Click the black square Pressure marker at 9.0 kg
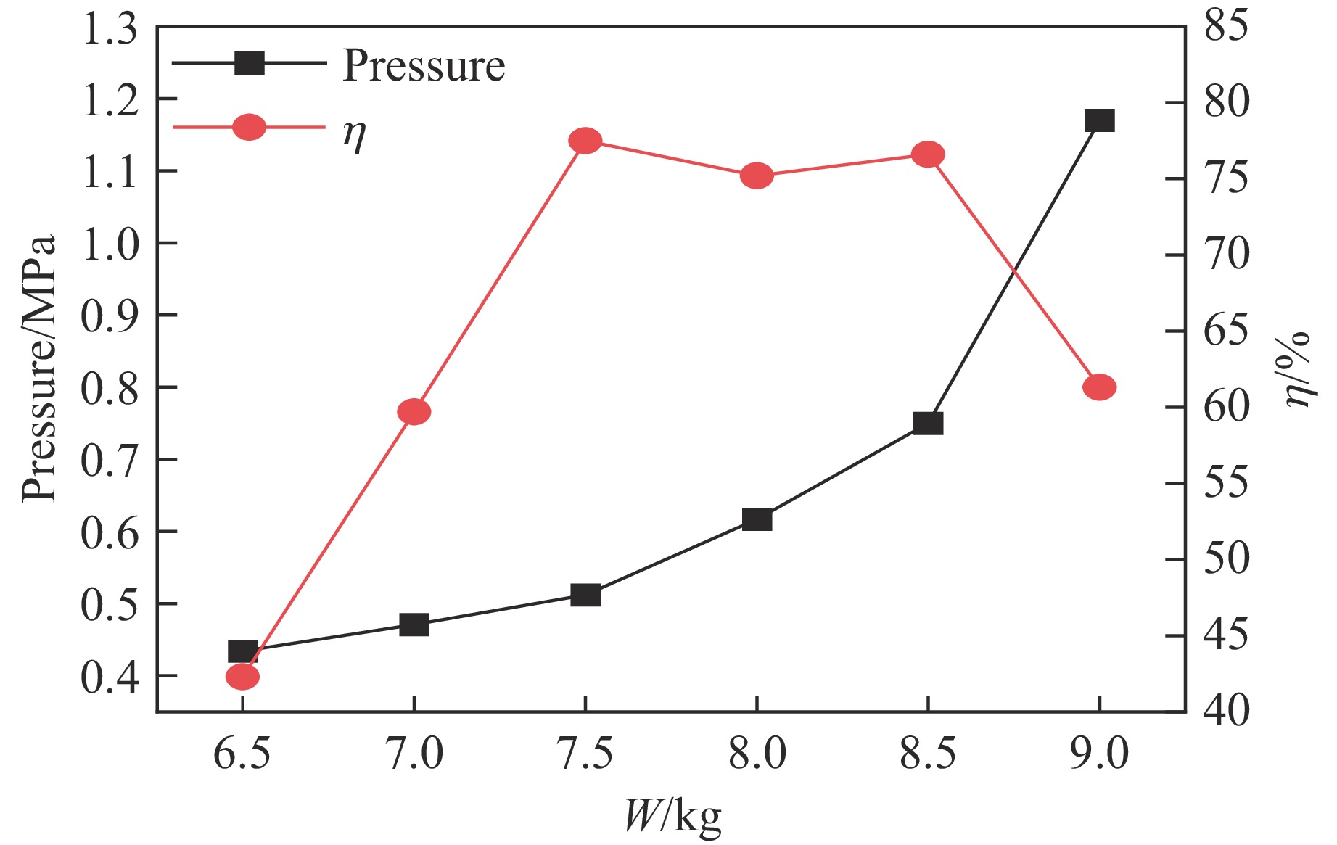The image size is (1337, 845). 1099,120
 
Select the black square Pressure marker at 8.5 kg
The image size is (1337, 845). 928,424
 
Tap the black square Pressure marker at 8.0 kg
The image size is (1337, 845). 757,519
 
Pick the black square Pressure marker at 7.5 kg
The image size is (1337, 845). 585,595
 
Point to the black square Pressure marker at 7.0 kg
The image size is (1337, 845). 414,625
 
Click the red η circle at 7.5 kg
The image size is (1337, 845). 585,141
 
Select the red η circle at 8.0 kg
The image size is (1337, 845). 757,176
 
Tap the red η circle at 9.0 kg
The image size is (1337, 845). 1099,387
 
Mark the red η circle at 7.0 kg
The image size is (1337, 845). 414,412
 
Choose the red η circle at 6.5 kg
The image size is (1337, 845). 242,677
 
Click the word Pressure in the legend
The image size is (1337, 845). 424,66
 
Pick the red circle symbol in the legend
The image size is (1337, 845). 249,128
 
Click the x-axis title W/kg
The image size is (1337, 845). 672,816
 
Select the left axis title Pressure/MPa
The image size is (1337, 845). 39,368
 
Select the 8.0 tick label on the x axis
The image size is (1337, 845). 757,754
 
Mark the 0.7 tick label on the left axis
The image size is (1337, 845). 110,461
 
